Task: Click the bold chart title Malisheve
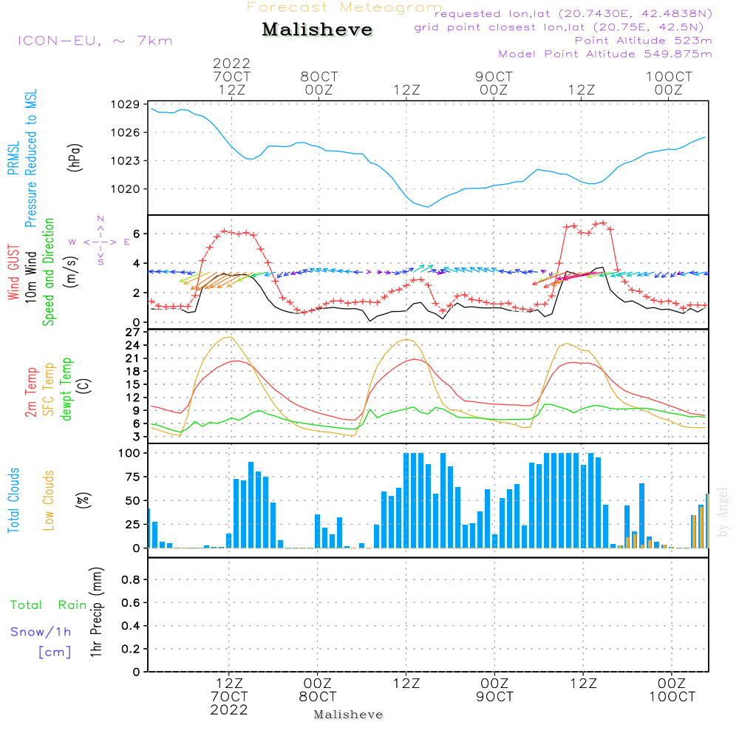point(317,30)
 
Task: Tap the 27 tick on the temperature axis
point(134,333)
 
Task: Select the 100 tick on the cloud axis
point(130,453)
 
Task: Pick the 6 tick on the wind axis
point(137,234)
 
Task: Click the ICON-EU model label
point(95,41)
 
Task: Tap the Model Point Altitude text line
point(605,54)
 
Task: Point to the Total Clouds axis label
point(14,500)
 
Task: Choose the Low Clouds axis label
point(50,500)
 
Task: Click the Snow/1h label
point(41,633)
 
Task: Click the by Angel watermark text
point(723,512)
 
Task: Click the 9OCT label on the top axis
point(494,77)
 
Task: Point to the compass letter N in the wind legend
point(100,218)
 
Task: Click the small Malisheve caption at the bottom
point(348,715)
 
